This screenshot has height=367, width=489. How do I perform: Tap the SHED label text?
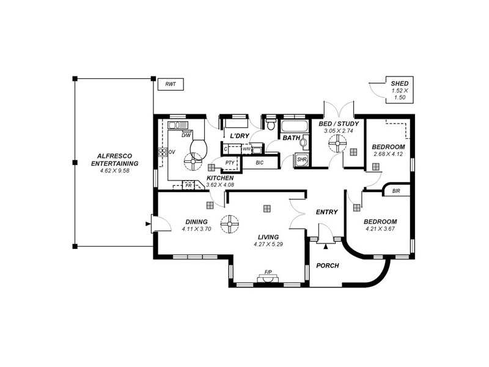[x=400, y=84]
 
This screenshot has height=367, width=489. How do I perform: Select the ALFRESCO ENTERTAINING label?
[x=114, y=160]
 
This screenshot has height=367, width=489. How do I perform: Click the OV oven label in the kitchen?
[x=172, y=152]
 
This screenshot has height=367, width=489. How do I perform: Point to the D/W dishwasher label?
[x=186, y=135]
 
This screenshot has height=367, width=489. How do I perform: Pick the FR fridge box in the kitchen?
[x=189, y=185]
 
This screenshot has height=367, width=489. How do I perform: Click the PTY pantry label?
[x=230, y=163]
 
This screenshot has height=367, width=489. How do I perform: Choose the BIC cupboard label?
[x=259, y=163]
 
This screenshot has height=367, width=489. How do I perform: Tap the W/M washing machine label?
[x=246, y=149]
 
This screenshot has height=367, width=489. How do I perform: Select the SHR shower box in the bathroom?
[x=301, y=160]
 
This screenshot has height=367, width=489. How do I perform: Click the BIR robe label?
[x=396, y=191]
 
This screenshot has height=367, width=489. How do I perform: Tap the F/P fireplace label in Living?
[x=268, y=272]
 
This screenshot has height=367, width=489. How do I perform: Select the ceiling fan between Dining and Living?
[x=230, y=225]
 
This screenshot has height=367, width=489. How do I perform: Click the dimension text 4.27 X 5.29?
[x=267, y=244]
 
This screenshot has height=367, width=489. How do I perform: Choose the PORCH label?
[x=327, y=265]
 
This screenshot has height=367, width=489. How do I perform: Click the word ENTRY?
[x=326, y=212]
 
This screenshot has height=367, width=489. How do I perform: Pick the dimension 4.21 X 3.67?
[x=380, y=229]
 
